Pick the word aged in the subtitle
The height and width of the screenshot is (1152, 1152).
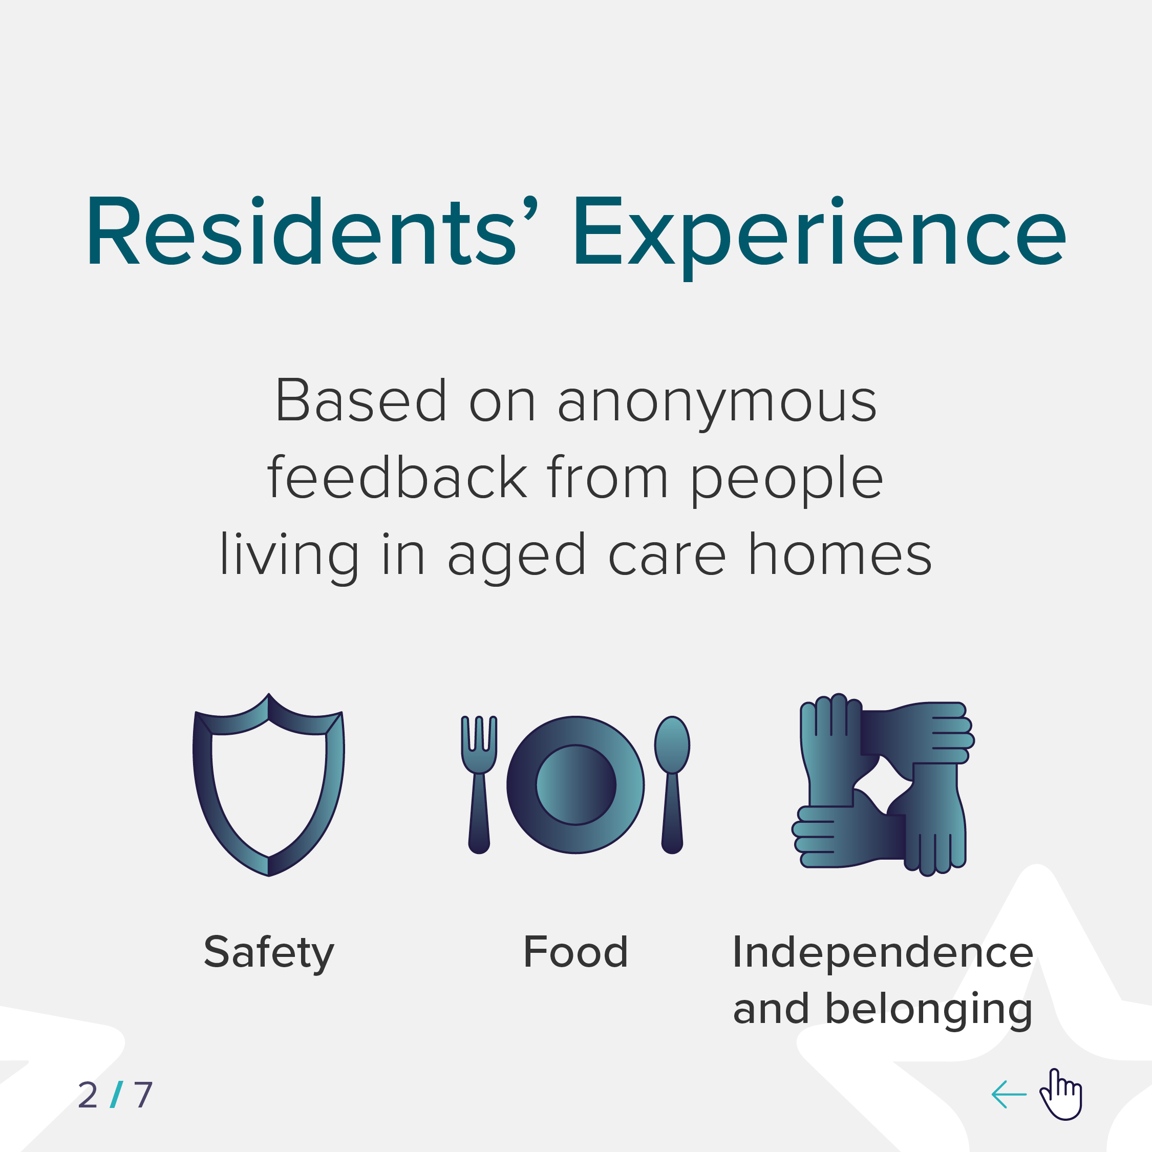click(517, 558)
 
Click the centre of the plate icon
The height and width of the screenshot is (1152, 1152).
click(575, 785)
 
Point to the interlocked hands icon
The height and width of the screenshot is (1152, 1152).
click(883, 785)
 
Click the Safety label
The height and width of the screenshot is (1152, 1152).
click(269, 952)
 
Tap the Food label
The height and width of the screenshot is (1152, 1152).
click(575, 951)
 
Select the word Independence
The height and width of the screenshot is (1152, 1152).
click(883, 952)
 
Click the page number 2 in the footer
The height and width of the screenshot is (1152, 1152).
click(88, 1095)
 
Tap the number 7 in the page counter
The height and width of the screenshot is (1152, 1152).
click(143, 1095)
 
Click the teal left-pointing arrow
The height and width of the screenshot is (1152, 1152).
click(1009, 1095)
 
